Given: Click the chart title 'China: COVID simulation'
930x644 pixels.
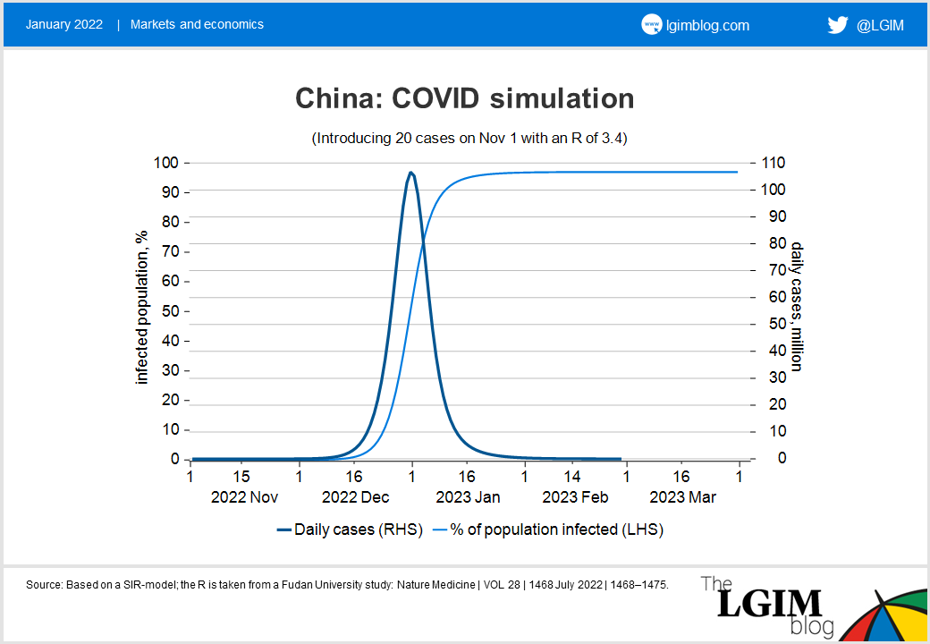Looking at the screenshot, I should [464, 98].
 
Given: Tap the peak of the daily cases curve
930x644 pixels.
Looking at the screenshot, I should [410, 173].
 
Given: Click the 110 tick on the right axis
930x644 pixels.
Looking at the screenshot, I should [773, 163].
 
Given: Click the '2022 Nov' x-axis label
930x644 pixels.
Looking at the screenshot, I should [244, 497].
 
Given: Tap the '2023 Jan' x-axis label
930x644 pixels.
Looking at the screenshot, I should [468, 497].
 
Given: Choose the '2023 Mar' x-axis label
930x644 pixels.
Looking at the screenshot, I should [683, 497].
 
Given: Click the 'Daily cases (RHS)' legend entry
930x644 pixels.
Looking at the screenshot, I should [350, 530].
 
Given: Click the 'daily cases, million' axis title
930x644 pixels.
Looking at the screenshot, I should [795, 305].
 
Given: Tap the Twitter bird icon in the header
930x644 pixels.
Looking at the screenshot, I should [837, 25].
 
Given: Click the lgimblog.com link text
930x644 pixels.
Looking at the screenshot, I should [708, 25].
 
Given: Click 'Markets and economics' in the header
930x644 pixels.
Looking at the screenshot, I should [197, 25].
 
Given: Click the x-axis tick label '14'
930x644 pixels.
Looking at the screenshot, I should [572, 477].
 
